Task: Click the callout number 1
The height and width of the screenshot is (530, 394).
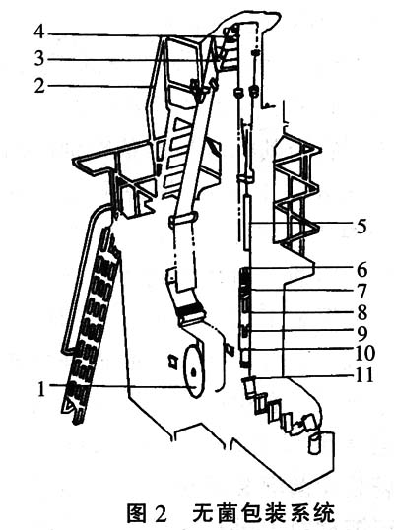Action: pyautogui.click(x=41, y=389)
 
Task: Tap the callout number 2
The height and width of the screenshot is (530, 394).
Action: pyautogui.click(x=39, y=85)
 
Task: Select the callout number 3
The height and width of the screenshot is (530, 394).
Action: pyautogui.click(x=39, y=59)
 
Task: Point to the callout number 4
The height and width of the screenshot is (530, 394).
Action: pyautogui.click(x=39, y=33)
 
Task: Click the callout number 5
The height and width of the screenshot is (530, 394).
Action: pyautogui.click(x=361, y=227)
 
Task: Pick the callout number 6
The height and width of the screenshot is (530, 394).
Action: pyautogui.click(x=361, y=269)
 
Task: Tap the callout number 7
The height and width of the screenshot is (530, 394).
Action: pyautogui.click(x=361, y=291)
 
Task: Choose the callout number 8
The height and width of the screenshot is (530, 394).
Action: pyautogui.click(x=361, y=312)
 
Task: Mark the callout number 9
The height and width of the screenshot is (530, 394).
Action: pyautogui.click(x=361, y=333)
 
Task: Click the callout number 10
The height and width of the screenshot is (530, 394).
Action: pyautogui.click(x=364, y=354)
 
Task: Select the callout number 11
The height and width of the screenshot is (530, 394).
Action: pyautogui.click(x=364, y=375)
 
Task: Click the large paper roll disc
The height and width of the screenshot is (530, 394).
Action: pyautogui.click(x=194, y=371)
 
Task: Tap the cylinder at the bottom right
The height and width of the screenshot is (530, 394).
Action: pyautogui.click(x=315, y=443)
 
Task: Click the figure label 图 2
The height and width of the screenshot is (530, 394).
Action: pyautogui.click(x=147, y=513)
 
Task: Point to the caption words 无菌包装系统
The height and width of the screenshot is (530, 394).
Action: pyautogui.click(x=264, y=513)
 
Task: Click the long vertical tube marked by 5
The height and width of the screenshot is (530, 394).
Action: pyautogui.click(x=247, y=224)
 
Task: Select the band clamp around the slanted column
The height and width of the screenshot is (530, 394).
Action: pyautogui.click(x=182, y=220)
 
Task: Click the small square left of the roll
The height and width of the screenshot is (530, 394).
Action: pyautogui.click(x=173, y=362)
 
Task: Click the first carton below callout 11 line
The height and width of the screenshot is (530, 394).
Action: pyautogui.click(x=250, y=387)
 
